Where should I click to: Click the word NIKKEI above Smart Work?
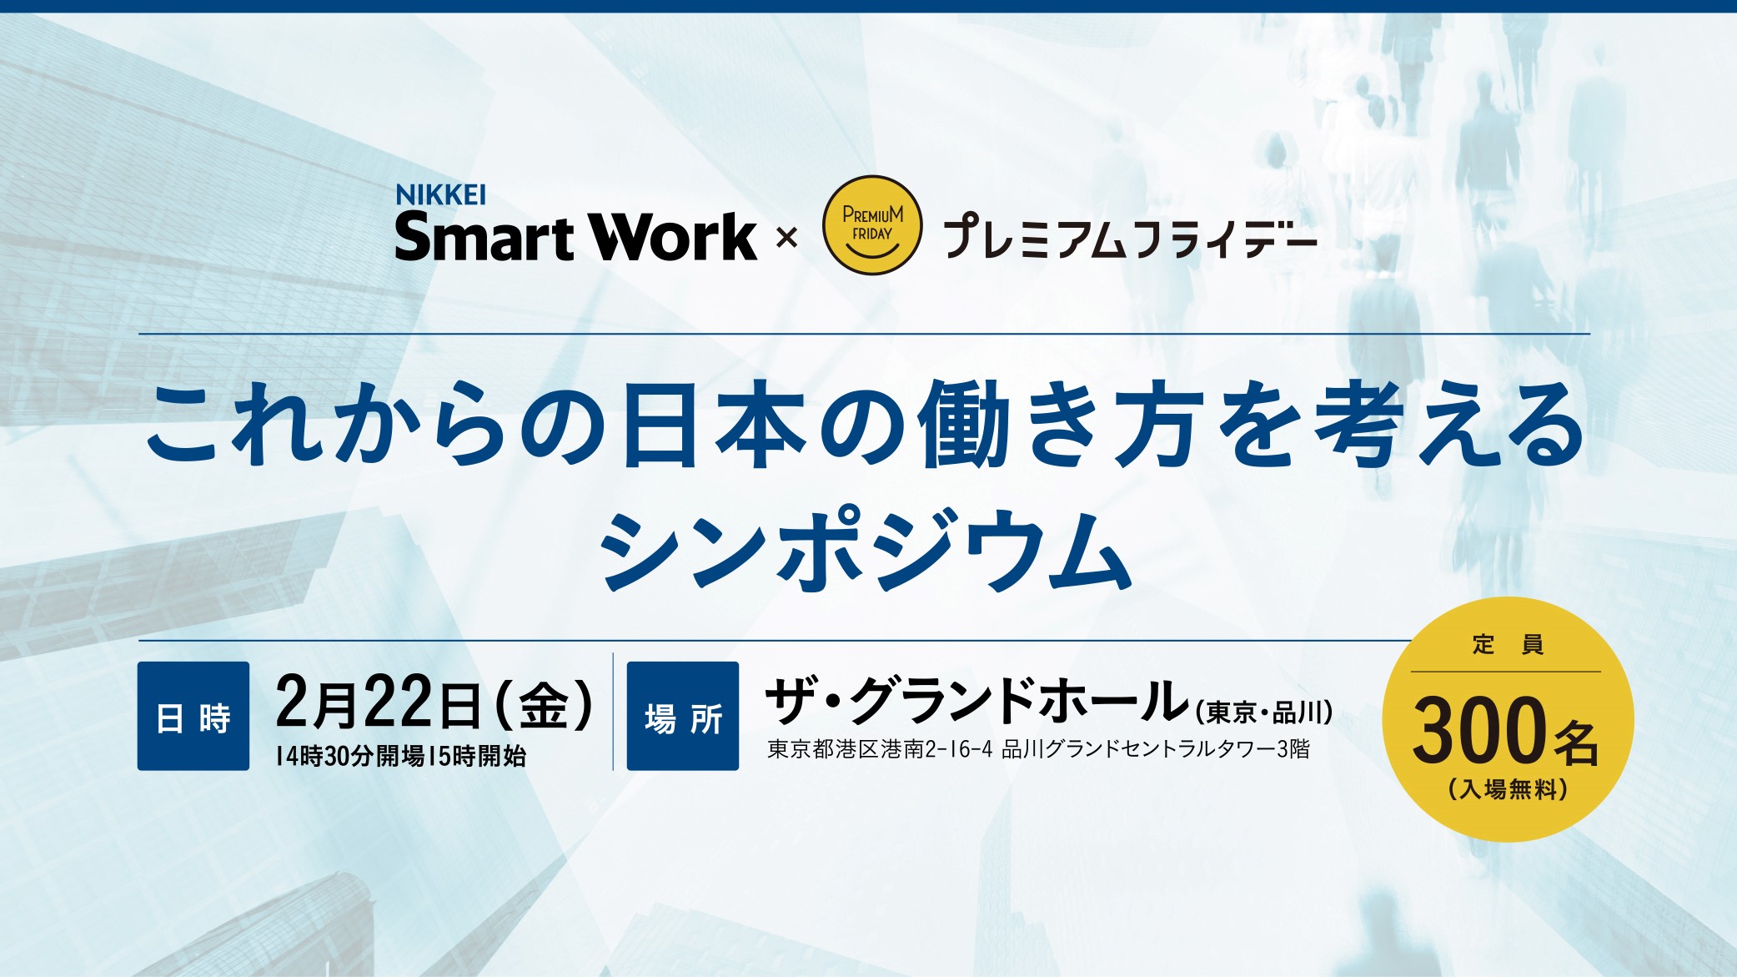click(440, 195)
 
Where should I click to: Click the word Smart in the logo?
click(486, 238)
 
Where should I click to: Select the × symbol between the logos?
click(786, 239)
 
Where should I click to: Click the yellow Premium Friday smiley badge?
click(872, 225)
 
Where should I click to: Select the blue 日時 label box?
click(193, 717)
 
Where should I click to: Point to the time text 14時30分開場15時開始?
click(401, 757)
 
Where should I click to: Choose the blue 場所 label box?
click(683, 717)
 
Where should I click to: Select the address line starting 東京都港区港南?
click(1038, 749)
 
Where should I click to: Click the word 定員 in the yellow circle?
click(1507, 645)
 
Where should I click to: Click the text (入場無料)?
click(1508, 789)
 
